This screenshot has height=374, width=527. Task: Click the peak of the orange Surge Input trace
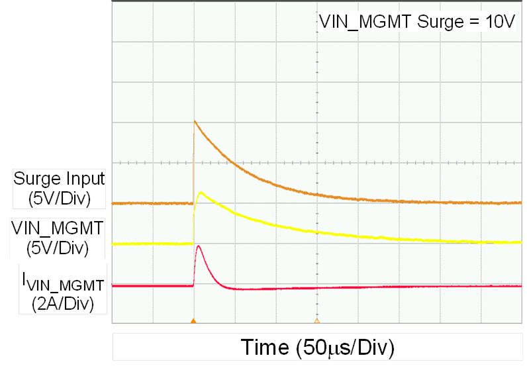click(x=194, y=121)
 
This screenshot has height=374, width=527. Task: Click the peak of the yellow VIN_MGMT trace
click(x=201, y=193)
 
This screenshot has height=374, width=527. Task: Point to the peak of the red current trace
click(x=198, y=246)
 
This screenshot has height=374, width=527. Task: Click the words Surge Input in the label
click(x=59, y=178)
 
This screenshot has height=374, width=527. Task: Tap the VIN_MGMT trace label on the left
click(x=57, y=228)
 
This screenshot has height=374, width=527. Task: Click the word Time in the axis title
click(x=265, y=347)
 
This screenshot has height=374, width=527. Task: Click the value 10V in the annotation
click(x=497, y=22)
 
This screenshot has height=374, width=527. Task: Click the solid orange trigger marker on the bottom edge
click(x=193, y=321)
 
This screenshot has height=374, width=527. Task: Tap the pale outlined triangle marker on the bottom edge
click(x=316, y=321)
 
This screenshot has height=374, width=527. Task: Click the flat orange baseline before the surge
click(x=152, y=203)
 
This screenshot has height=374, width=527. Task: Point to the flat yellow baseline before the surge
click(x=152, y=244)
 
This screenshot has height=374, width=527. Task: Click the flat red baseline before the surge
click(x=152, y=285)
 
